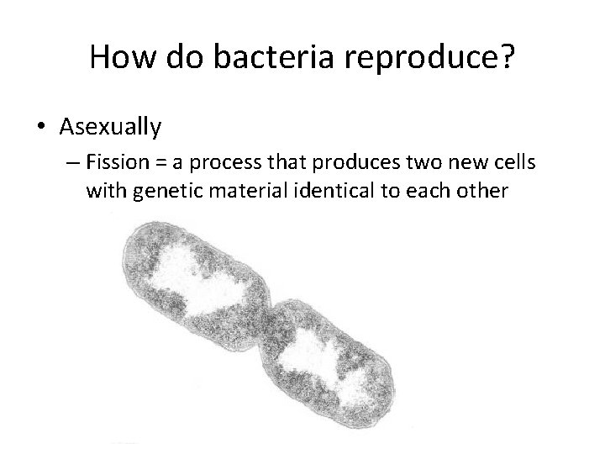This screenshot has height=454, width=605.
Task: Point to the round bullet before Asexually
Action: click(x=43, y=127)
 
